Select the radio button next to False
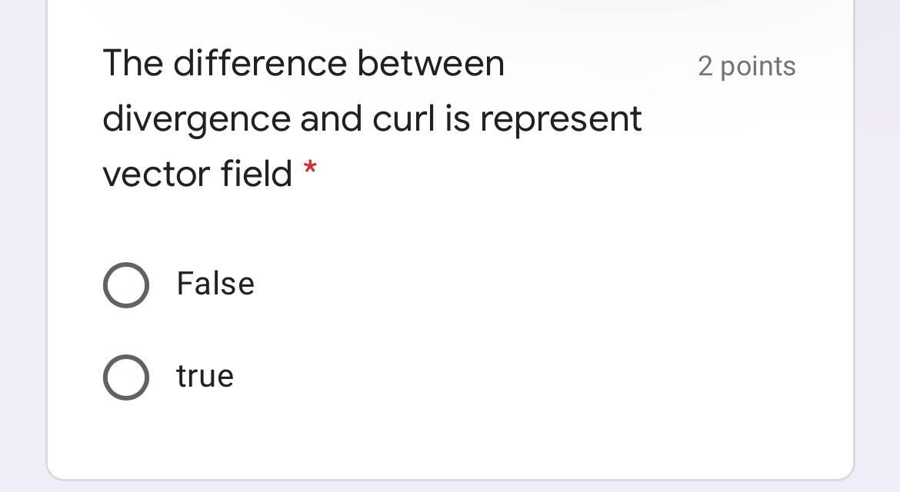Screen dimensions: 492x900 pyautogui.click(x=125, y=285)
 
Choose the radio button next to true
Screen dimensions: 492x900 pyautogui.click(x=125, y=377)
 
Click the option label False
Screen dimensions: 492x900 pyautogui.click(x=215, y=284)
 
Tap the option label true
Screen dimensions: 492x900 pyautogui.click(x=205, y=377)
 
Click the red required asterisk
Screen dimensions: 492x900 pyautogui.click(x=310, y=168)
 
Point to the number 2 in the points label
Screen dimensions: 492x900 pyautogui.click(x=705, y=67)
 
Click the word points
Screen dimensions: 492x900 pyautogui.click(x=758, y=67)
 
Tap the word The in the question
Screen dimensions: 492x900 pyautogui.click(x=132, y=63)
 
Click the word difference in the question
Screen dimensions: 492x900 pyautogui.click(x=259, y=63)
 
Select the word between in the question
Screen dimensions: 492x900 pyautogui.click(x=430, y=63)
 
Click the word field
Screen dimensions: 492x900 pyautogui.click(x=256, y=173)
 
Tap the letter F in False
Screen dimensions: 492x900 pyautogui.click(x=183, y=284)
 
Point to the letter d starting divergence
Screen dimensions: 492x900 pyautogui.click(x=113, y=119)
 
